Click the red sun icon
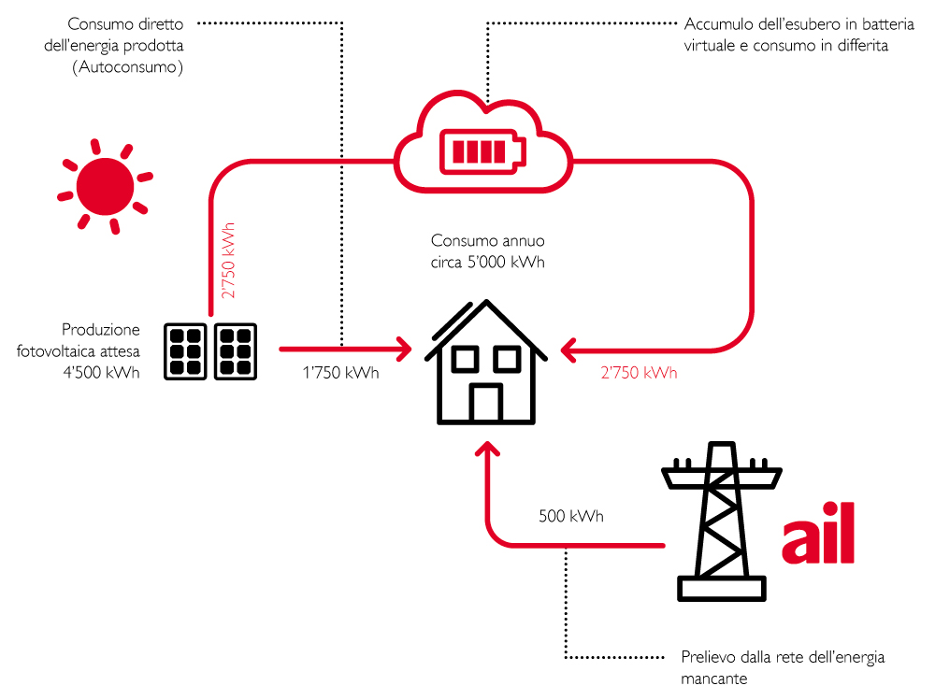click(x=104, y=186)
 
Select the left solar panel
click(x=186, y=351)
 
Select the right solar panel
click(x=236, y=351)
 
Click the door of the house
click(x=485, y=401)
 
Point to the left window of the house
click(x=465, y=360)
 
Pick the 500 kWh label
click(x=570, y=516)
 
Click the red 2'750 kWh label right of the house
click(x=639, y=373)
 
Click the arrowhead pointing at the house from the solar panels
click(x=405, y=350)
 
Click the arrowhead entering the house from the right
click(x=568, y=350)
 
